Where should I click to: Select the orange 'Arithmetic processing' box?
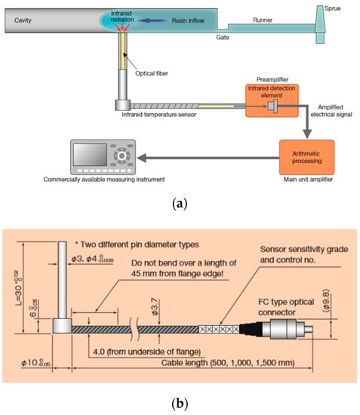click(x=306, y=157)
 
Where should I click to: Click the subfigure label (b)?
click(x=179, y=402)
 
